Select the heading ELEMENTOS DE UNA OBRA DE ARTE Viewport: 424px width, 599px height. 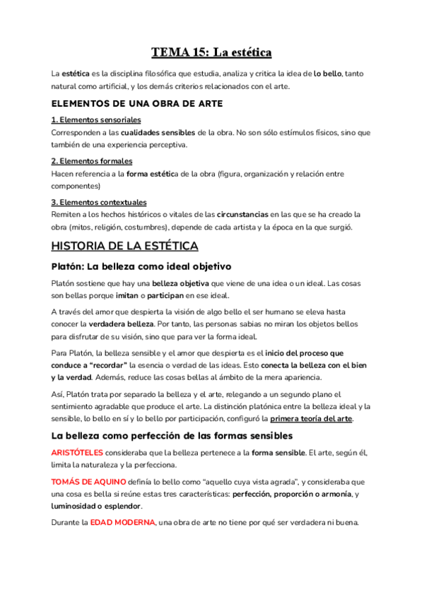click(137, 103)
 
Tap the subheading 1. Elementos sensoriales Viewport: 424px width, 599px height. click(96, 120)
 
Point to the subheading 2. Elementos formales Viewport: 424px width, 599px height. click(92, 161)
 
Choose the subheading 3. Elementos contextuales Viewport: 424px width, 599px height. click(99, 202)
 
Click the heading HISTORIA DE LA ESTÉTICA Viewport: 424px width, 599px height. click(125, 246)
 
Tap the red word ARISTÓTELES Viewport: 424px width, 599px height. click(77, 453)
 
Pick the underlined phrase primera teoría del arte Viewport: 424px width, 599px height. click(311, 419)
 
